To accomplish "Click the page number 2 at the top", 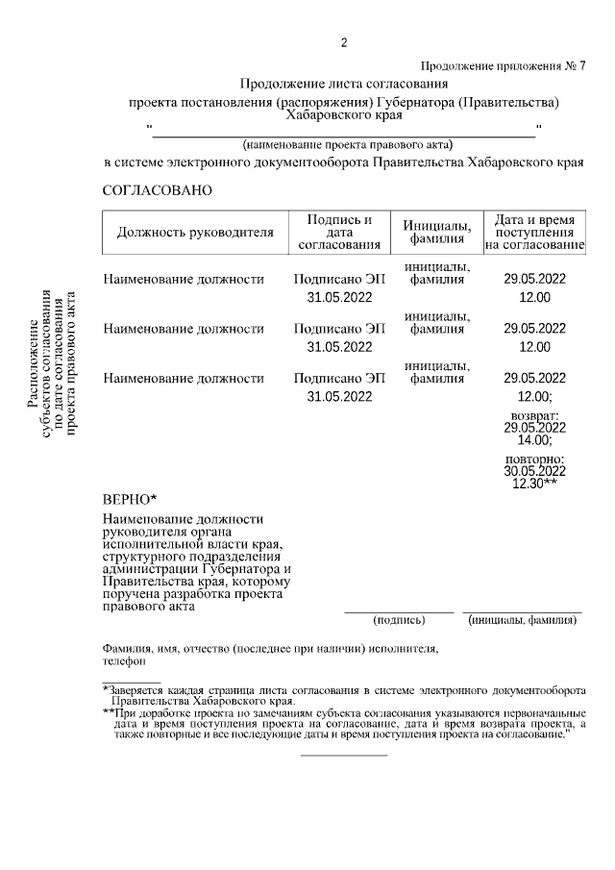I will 343,42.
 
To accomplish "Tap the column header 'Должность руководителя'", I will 195,232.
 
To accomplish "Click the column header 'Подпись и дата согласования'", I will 339,233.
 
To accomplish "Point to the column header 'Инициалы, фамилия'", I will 436,232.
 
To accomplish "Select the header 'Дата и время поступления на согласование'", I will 534,233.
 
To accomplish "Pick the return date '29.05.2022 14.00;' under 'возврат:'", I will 534,434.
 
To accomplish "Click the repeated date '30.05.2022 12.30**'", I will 535,478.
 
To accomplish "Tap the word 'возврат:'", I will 534,415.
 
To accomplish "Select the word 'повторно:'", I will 534,460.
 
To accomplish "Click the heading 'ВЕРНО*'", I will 129,500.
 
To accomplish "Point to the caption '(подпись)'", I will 398,620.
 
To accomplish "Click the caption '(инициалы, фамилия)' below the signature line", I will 522,620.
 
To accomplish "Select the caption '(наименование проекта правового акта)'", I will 347,144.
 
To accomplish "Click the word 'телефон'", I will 124,661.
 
